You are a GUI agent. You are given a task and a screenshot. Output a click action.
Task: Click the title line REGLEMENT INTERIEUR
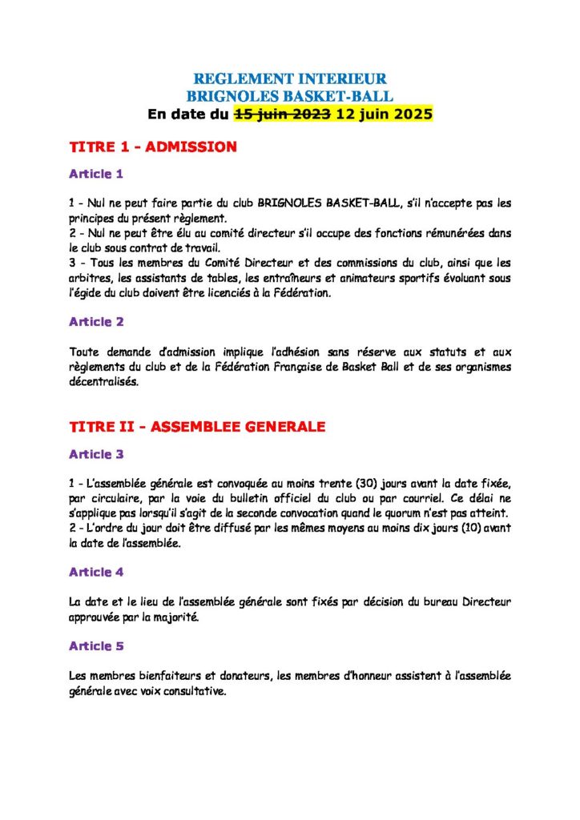(290, 78)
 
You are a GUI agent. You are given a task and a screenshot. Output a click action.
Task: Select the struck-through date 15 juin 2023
(282, 114)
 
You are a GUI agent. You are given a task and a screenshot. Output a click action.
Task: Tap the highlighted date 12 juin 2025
(385, 114)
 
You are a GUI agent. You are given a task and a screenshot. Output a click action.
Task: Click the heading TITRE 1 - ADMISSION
(153, 147)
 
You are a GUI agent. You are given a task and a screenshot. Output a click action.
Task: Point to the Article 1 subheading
(96, 173)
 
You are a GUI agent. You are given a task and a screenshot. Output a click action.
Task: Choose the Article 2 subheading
(96, 322)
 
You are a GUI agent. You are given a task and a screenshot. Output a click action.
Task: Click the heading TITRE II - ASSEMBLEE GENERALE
(197, 427)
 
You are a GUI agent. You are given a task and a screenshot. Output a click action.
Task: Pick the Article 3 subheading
(96, 454)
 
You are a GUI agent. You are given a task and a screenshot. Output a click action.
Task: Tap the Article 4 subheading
(96, 572)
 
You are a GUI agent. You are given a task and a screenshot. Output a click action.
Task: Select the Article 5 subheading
(96, 645)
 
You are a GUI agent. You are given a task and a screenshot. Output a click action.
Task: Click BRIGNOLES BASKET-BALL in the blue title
(290, 96)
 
